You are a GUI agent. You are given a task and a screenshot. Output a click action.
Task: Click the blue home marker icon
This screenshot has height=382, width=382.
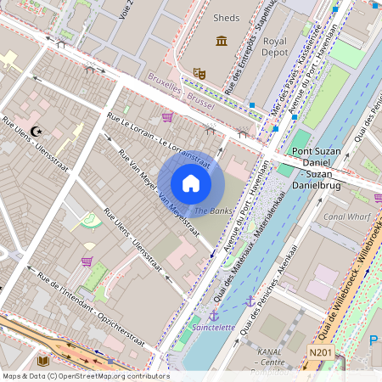tap(191, 183)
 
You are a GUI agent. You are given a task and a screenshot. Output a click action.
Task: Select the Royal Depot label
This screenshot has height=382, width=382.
tap(275, 46)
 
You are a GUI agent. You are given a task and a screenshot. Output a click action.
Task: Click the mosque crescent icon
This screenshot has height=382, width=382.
tap(36, 131)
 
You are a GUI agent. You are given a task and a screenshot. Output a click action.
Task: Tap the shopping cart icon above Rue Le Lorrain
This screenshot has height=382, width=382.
tap(167, 116)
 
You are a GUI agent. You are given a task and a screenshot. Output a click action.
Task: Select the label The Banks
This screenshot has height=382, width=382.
tap(212, 210)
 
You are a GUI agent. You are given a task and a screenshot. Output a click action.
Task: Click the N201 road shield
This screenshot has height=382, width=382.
tap(319, 352)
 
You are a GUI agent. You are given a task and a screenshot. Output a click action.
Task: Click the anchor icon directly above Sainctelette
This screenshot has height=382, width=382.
tap(214, 315)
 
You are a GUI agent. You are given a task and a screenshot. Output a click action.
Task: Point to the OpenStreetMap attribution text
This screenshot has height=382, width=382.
tap(85, 375)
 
